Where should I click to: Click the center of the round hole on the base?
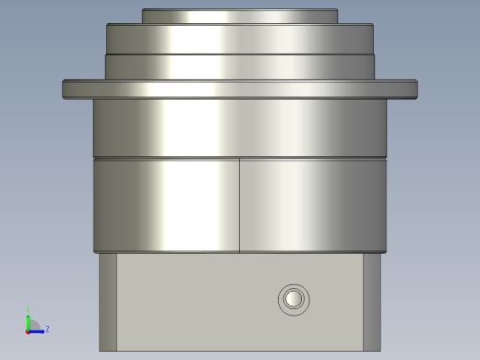[x=294, y=299]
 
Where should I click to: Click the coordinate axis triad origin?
[x=29, y=330]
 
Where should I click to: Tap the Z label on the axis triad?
[x=47, y=329]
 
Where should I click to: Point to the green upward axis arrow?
[x=29, y=317]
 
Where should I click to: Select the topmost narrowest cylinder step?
[x=239, y=16]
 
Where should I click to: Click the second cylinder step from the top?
[x=239, y=39]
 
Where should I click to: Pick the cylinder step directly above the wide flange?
[x=239, y=66]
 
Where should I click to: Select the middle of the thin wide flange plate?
[x=239, y=89]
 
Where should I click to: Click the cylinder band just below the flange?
[x=239, y=127]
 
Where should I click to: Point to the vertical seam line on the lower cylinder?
[x=239, y=205]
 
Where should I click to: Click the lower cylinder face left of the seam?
[x=166, y=205]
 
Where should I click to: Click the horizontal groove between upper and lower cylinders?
[x=239, y=158]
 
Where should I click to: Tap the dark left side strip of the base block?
[x=108, y=302]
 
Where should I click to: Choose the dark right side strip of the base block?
[x=371, y=302]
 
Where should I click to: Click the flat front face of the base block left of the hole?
[x=194, y=300]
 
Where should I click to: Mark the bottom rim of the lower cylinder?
[x=239, y=251]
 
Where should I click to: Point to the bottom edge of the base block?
[x=239, y=350]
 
